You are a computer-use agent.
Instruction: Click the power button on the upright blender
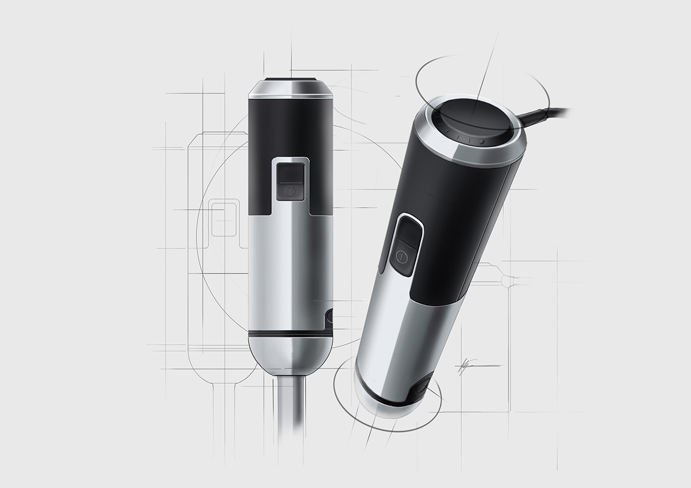[290, 190]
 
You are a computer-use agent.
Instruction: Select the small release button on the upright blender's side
[329, 317]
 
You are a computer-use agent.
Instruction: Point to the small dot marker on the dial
[483, 140]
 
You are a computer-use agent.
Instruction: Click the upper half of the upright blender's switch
[290, 171]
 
